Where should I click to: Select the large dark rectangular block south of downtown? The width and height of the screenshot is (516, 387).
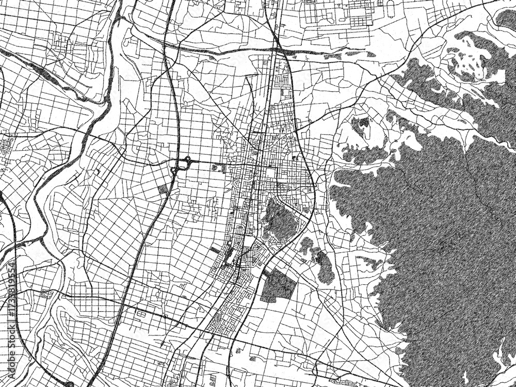[x=278, y=286]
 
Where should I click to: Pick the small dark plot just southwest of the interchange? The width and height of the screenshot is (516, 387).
[x=164, y=189]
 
